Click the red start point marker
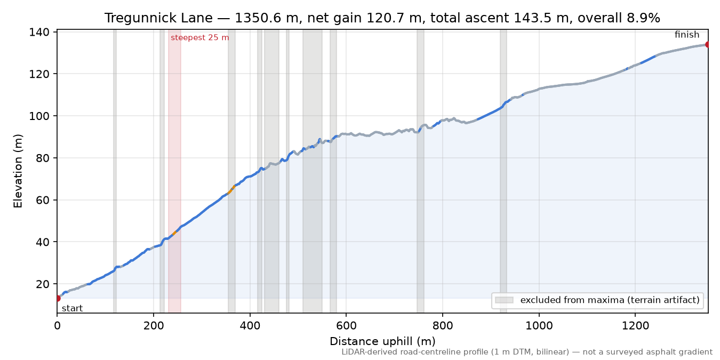pyautogui.click(x=58, y=298)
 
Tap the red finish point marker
pyautogui.click(x=708, y=44)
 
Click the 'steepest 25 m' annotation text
pyautogui.click(x=200, y=38)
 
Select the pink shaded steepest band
pyautogui.click(x=174, y=171)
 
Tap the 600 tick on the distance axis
pyautogui.click(x=346, y=326)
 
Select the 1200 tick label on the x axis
pyautogui.click(x=635, y=326)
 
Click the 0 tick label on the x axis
pyautogui.click(x=57, y=326)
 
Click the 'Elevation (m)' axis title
pyautogui.click(x=18, y=171)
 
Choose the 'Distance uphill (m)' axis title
pyautogui.click(x=382, y=341)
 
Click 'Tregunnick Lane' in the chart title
pyautogui.click(x=158, y=18)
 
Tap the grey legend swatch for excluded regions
pyautogui.click(x=504, y=300)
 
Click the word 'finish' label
pyautogui.click(x=687, y=35)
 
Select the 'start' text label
pyautogui.click(x=73, y=309)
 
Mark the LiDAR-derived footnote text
pyautogui.click(x=527, y=353)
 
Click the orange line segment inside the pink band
pyautogui.click(x=174, y=233)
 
